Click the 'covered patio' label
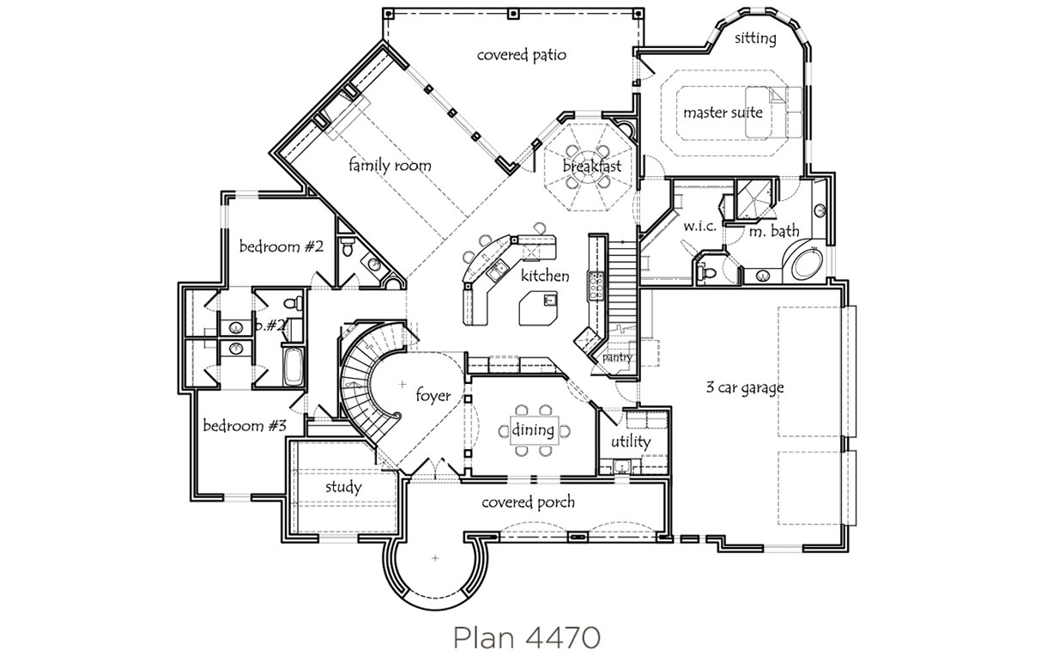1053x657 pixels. [521, 56]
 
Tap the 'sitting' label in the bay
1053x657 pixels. [755, 39]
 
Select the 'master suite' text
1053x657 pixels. [723, 113]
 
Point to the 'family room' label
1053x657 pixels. [390, 166]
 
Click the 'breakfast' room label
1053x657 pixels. [592, 166]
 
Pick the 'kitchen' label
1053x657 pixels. [545, 276]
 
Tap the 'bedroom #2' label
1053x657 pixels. [281, 246]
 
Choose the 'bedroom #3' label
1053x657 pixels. [245, 426]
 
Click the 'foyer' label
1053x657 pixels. [433, 396]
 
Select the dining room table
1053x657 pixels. [535, 430]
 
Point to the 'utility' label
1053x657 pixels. [631, 441]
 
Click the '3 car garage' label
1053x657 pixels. [745, 388]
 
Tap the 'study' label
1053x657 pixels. [343, 487]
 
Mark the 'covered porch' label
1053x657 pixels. [528, 502]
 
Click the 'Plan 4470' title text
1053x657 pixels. [527, 638]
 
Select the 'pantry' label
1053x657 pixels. [617, 358]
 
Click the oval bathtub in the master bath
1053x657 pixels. [807, 265]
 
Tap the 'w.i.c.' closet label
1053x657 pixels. [700, 226]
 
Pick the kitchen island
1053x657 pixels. [538, 308]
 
